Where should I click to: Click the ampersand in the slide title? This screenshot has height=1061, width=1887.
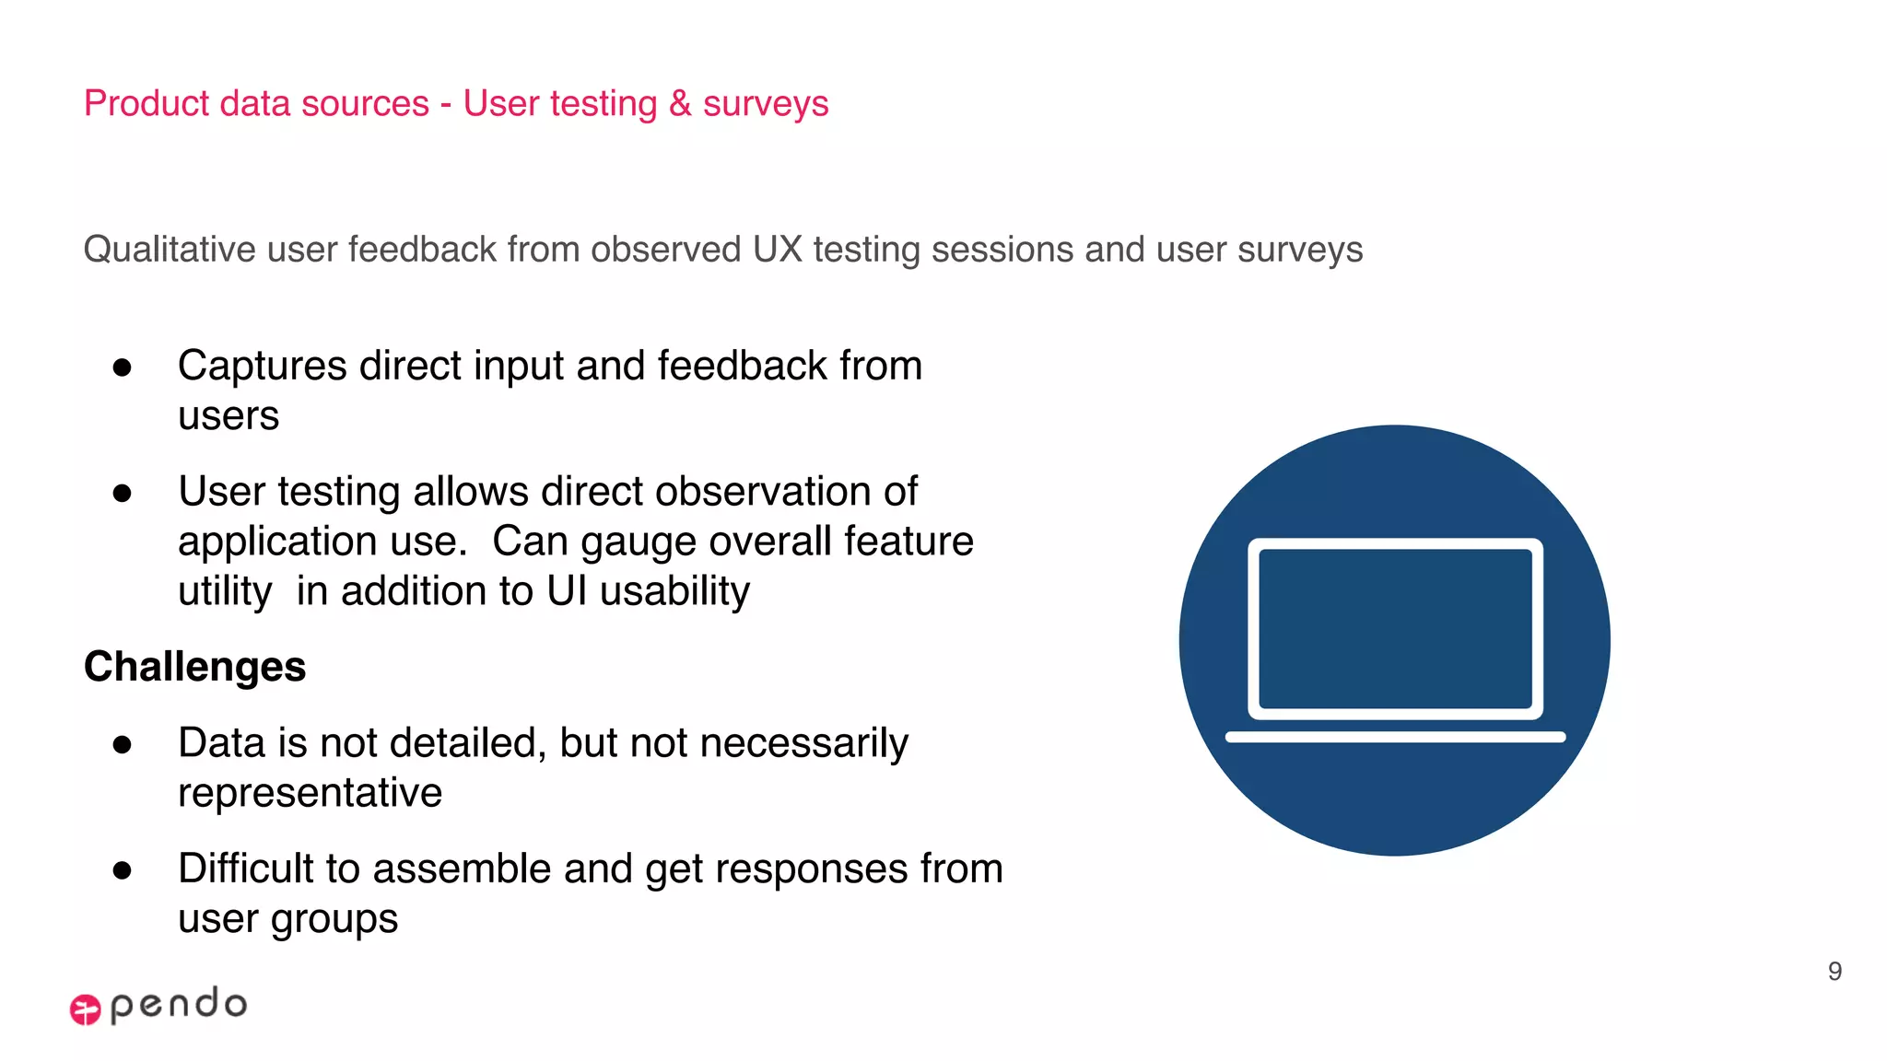(680, 103)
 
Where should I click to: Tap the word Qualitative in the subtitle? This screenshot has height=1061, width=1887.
(169, 250)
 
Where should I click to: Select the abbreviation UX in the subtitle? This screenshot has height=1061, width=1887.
(777, 250)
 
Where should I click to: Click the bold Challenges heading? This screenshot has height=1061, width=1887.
(194, 666)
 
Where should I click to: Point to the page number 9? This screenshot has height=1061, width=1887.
(1834, 971)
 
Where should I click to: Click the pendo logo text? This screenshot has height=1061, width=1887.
(179, 1004)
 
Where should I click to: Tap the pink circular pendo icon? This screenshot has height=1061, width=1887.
(85, 1009)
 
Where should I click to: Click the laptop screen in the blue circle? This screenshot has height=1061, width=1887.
(1394, 628)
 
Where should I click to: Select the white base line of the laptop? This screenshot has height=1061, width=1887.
(1394, 737)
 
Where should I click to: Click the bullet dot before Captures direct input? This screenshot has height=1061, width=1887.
(122, 367)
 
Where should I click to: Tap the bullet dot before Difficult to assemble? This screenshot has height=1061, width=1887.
(122, 870)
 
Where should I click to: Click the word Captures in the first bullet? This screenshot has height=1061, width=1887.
(262, 366)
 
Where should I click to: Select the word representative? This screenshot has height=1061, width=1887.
(310, 793)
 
